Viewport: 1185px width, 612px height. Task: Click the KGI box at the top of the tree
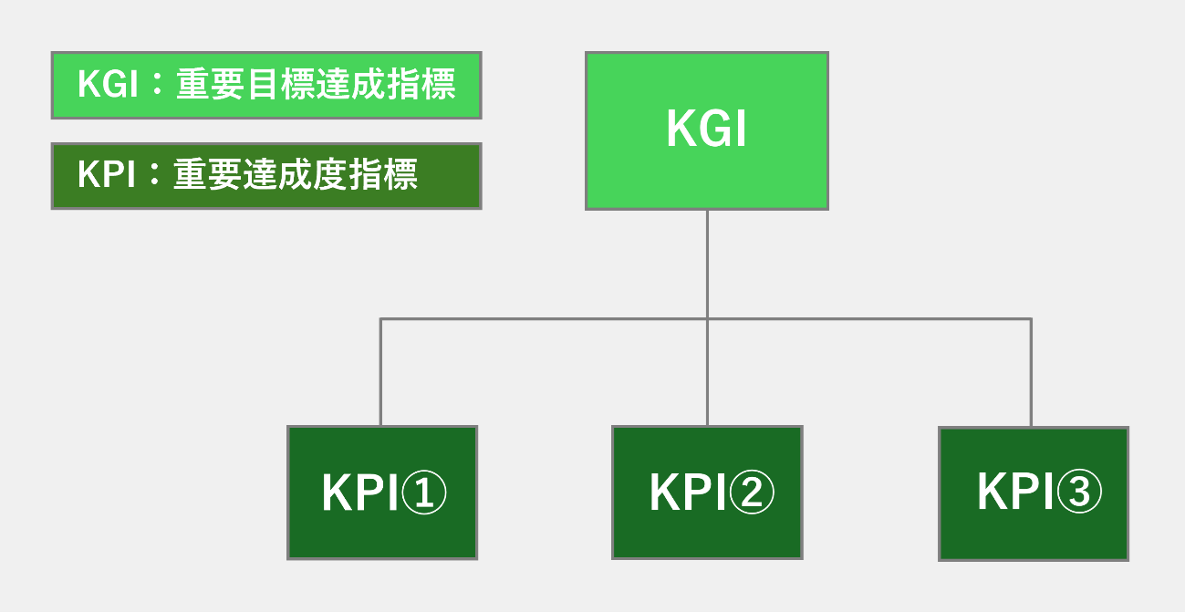coord(707,130)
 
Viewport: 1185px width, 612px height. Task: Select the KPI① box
coord(382,493)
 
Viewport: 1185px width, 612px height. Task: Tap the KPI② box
coord(707,493)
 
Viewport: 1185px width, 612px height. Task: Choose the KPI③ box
coord(1034,493)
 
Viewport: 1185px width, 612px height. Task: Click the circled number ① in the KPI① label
coord(424,493)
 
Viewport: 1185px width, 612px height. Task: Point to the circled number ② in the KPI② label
coord(752,493)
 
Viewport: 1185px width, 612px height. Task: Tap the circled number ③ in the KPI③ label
coord(1079,492)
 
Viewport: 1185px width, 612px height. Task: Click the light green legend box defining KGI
coord(266,85)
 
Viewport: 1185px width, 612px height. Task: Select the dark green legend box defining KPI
coord(266,176)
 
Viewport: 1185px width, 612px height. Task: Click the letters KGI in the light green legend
coord(108,84)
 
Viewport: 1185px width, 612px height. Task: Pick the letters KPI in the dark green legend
coord(107,174)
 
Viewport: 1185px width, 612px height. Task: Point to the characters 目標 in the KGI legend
coord(281,84)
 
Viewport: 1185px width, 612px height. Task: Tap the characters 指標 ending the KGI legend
coord(421,84)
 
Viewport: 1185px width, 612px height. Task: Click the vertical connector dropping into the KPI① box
coord(380,372)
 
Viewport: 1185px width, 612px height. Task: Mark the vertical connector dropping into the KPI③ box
coord(1031,373)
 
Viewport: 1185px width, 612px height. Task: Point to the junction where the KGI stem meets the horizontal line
coord(707,319)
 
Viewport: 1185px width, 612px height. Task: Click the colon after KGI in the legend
coord(156,84)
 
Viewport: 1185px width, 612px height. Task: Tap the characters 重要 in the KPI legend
coord(208,174)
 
